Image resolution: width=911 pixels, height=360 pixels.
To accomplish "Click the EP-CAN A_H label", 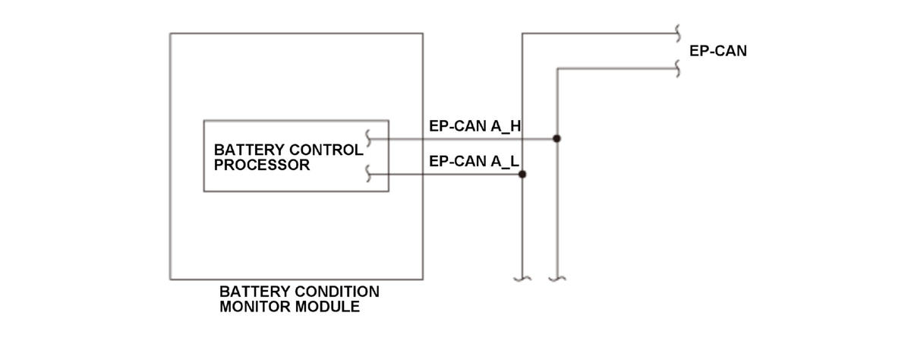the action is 474,126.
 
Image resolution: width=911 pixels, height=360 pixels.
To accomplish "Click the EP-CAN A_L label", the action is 474,162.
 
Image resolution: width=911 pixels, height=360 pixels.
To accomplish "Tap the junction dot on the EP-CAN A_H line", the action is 556,139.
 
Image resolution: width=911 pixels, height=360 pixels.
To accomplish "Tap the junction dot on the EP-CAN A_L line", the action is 522,175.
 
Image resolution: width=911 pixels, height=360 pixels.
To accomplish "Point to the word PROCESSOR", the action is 262,165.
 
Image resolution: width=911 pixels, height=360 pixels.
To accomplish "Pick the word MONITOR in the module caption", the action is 254,307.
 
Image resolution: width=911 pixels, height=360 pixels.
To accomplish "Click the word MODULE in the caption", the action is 327,307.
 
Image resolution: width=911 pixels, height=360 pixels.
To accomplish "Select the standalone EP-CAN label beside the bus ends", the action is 718,51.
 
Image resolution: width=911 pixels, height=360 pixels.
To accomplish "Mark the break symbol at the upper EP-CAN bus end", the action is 677,33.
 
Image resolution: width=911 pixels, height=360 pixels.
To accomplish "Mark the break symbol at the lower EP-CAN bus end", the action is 677,69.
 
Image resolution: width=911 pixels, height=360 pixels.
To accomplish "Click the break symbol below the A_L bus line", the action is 522,279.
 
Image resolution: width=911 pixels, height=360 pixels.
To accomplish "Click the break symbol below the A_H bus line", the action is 556,279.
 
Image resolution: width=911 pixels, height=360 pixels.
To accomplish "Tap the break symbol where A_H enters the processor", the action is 368,139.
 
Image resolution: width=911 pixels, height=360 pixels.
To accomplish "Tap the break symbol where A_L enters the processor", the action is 368,174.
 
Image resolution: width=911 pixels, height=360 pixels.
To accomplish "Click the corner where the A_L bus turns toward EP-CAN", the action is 522,33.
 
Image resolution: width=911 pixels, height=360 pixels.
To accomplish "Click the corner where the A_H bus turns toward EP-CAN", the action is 557,69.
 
